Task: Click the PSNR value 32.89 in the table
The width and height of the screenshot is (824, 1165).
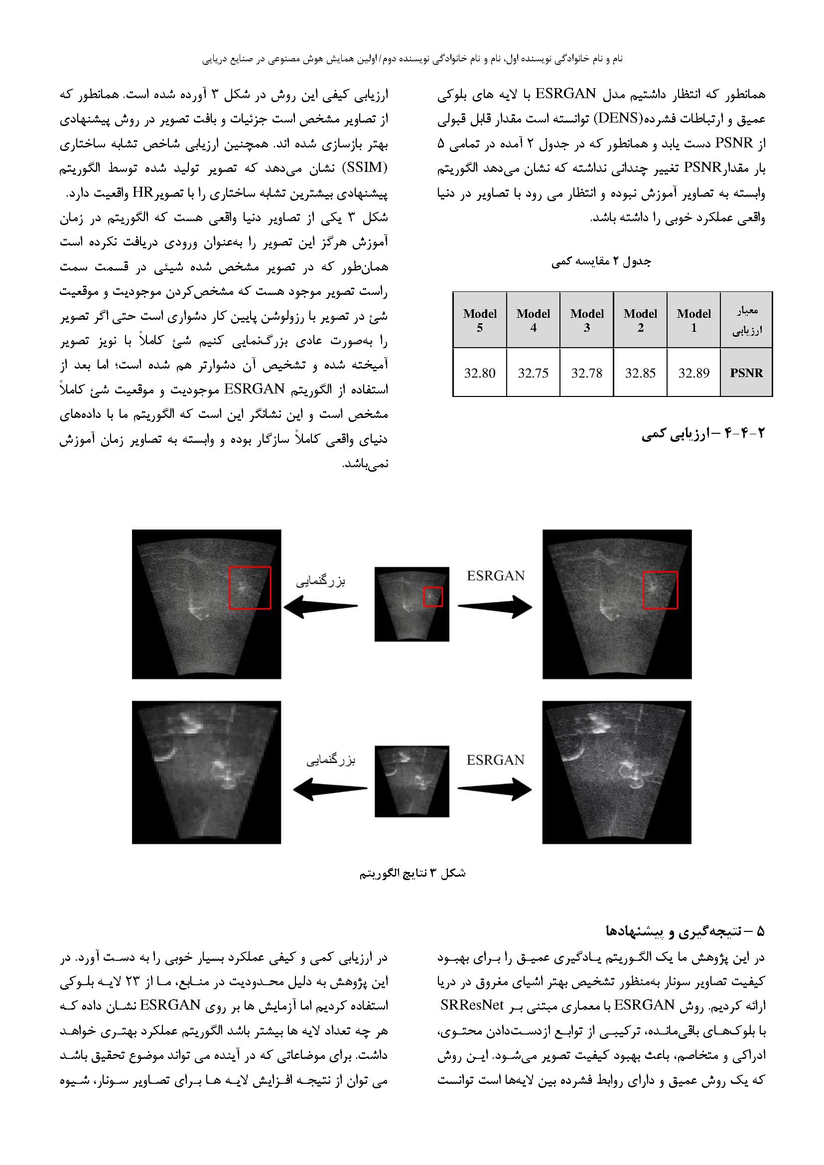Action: [x=693, y=373]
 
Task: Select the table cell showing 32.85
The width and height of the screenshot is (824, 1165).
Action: [x=640, y=373]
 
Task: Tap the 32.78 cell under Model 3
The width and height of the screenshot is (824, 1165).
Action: [x=586, y=373]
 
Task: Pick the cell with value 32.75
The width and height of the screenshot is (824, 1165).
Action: [x=533, y=373]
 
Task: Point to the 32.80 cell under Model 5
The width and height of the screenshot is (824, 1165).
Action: [x=479, y=373]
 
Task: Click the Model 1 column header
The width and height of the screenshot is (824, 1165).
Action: [x=693, y=320]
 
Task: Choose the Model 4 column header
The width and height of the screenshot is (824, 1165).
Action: [x=533, y=320]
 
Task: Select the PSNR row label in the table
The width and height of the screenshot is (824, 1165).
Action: [x=746, y=373]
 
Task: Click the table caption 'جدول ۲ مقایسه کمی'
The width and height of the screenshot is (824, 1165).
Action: [x=601, y=261]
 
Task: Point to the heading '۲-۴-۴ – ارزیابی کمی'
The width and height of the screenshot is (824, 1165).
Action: [x=703, y=434]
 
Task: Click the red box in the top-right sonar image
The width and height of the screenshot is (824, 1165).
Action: [x=660, y=590]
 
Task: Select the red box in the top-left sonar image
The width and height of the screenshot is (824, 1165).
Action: [x=250, y=588]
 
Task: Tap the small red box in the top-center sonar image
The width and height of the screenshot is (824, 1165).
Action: [x=433, y=596]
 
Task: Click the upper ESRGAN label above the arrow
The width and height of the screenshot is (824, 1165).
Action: [x=496, y=576]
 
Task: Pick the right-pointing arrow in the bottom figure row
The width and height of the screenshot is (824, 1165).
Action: [x=495, y=789]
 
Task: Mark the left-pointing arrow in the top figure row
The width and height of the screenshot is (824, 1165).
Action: [x=321, y=607]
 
